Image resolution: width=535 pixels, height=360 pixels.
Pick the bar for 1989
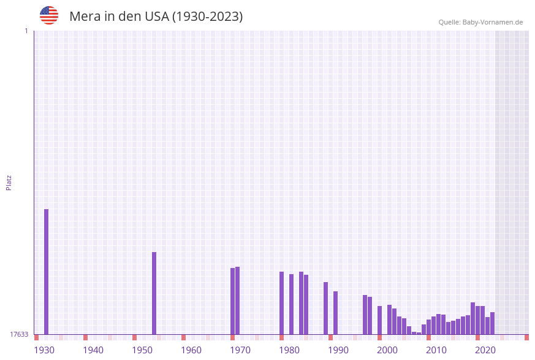click(335, 313)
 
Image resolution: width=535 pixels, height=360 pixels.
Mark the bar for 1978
click(281, 303)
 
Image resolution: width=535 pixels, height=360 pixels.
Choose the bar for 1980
click(291, 304)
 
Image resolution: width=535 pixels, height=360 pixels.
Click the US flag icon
click(49, 15)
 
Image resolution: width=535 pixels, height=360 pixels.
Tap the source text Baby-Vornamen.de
click(493, 22)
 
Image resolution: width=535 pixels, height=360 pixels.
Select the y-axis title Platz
click(9, 182)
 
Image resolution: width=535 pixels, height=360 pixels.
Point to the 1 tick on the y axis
click(26, 31)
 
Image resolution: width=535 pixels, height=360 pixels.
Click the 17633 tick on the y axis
click(19, 334)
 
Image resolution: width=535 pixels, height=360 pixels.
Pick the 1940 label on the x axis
click(93, 350)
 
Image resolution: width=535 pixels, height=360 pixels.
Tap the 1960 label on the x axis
click(191, 350)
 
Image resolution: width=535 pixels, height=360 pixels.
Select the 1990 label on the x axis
click(338, 350)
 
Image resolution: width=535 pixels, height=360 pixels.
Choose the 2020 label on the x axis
click(485, 350)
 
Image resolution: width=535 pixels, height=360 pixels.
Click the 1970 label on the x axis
click(240, 350)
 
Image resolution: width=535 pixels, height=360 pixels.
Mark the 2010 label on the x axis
click(436, 350)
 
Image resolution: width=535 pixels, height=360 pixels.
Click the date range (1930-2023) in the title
click(207, 17)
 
